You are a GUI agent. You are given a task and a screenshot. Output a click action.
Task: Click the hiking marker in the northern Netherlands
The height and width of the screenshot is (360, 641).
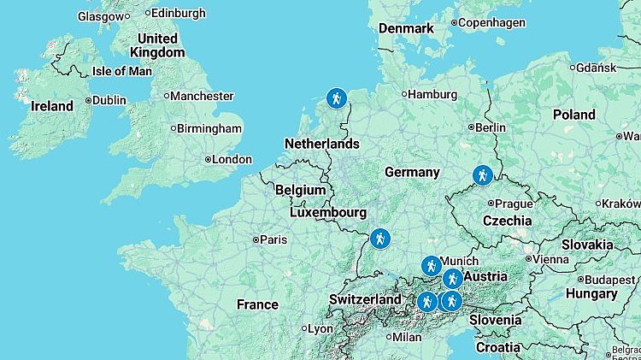point(338,98)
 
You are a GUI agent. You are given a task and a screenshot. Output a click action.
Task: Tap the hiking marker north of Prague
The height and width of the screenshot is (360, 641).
point(483,175)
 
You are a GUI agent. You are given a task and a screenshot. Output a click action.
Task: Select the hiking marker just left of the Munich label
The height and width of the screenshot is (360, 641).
point(431,266)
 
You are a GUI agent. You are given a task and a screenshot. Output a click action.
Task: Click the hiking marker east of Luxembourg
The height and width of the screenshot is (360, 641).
point(380,239)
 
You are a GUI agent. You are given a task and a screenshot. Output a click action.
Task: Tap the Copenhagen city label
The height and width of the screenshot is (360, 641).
point(491,23)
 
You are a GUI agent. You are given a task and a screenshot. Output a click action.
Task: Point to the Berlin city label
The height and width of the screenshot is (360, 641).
point(489,127)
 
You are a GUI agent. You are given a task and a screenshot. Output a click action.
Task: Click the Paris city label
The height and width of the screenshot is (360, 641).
point(273,239)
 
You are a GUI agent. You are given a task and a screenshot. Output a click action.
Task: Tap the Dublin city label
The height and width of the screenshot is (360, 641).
point(108,100)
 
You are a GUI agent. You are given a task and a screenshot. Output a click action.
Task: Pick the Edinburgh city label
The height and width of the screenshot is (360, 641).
point(179,13)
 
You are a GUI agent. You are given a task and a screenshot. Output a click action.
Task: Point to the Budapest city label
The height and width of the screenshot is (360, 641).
point(610,280)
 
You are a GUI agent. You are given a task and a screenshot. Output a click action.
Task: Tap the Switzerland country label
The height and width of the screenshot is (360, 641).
point(365,300)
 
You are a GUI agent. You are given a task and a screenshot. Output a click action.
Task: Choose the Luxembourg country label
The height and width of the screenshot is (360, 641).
point(327,212)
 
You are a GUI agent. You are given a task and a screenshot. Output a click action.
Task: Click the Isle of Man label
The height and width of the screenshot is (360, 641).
point(121,71)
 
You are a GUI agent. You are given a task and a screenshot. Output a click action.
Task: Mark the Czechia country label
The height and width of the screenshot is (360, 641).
point(507,221)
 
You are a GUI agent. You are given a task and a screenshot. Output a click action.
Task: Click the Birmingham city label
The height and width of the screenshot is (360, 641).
point(209,129)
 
